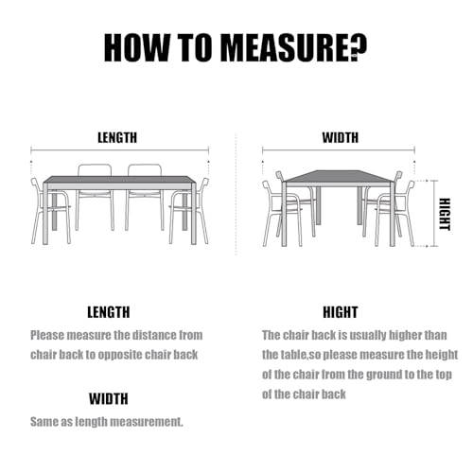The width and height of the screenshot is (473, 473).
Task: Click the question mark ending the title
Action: (x=360, y=46)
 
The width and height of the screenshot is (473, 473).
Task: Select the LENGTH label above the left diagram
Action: (x=117, y=137)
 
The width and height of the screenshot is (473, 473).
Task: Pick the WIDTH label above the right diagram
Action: (x=340, y=137)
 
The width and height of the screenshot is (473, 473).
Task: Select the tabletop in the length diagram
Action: (x=119, y=180)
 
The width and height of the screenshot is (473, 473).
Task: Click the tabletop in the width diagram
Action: (x=339, y=178)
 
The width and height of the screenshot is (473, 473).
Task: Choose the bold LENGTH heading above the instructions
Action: (x=109, y=311)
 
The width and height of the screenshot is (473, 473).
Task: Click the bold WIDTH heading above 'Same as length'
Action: (x=109, y=398)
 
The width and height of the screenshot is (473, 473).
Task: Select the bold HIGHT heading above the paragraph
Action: (x=340, y=311)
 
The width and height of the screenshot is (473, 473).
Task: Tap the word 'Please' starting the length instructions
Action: (x=49, y=335)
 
